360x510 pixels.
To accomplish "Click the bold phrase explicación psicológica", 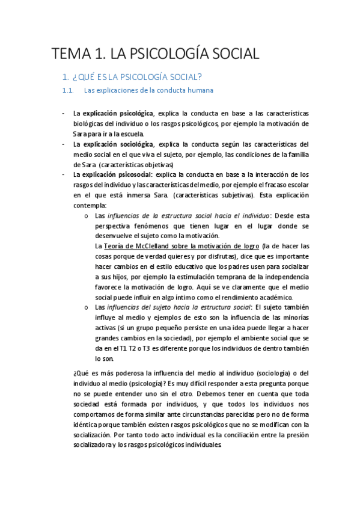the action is coord(118,113).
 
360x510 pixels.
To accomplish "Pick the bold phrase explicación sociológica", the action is coord(118,144).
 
